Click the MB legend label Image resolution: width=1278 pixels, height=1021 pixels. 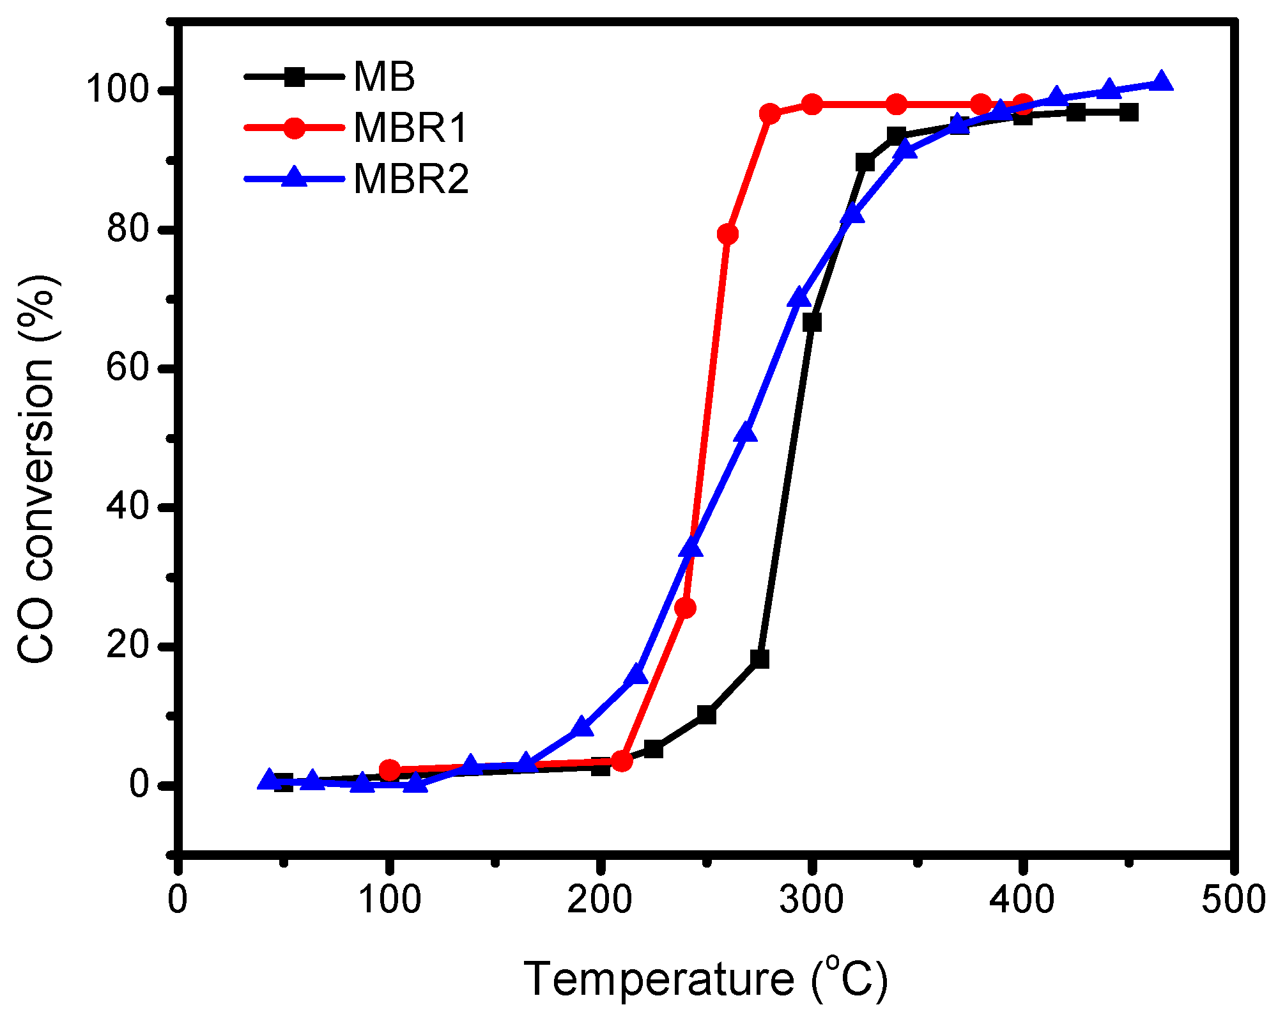[x=384, y=77]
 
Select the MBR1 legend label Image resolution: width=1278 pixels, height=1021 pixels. [x=411, y=128]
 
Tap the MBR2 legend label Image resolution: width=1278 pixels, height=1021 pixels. [x=411, y=179]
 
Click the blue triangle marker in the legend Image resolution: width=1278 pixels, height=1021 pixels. [x=295, y=177]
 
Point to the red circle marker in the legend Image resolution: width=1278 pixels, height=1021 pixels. [x=295, y=127]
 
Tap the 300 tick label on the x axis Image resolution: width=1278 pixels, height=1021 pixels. [x=812, y=900]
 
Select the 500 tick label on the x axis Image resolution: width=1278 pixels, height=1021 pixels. [x=1233, y=900]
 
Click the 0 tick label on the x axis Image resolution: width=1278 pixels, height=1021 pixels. [x=178, y=900]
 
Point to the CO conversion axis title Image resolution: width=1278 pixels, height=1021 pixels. [x=36, y=470]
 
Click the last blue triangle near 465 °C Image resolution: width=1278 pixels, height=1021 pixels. [x=1161, y=82]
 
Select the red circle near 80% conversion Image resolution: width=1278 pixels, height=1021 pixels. [x=727, y=235]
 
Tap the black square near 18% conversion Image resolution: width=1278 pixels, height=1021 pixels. [x=759, y=659]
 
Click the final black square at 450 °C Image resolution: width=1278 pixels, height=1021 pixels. [x=1129, y=113]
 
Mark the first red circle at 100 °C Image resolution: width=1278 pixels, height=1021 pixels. [x=389, y=770]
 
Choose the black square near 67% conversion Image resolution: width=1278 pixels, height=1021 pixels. [x=812, y=322]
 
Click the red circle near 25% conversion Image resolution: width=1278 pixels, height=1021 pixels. [x=685, y=608]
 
